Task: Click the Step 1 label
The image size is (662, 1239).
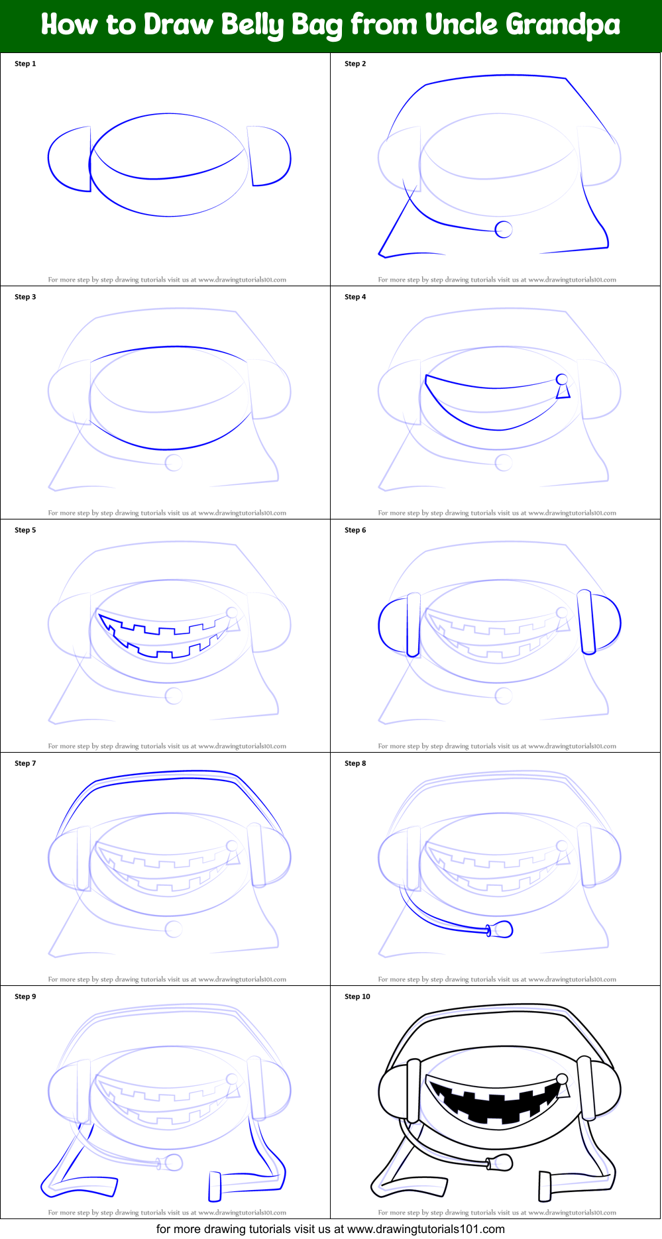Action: click(25, 64)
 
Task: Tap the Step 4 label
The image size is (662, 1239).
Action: click(355, 297)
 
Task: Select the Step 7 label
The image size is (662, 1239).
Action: click(25, 763)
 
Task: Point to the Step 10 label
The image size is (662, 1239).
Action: click(357, 997)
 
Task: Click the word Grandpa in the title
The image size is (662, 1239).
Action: click(563, 25)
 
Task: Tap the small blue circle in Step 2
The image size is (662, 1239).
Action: click(504, 229)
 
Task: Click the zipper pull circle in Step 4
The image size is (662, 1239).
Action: click(562, 380)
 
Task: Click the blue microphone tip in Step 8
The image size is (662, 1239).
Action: click(502, 929)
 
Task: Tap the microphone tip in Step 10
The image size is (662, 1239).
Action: click(502, 1162)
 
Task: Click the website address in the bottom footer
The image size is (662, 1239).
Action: click(425, 1229)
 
